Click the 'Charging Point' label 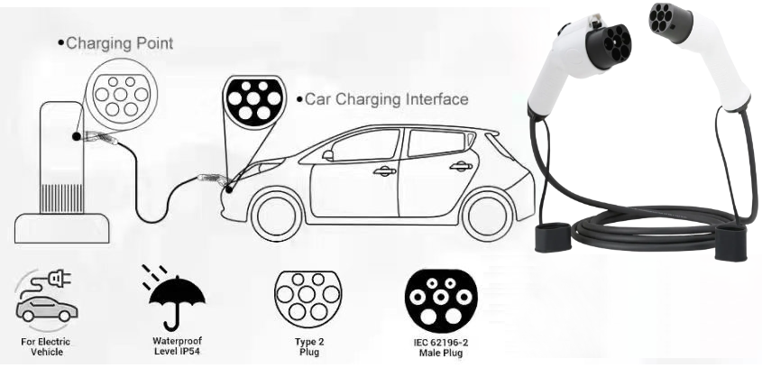[120, 42]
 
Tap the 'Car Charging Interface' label [386, 99]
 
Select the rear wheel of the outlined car [489, 216]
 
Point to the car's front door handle [384, 170]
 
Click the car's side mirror [328, 155]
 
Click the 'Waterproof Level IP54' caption [177, 346]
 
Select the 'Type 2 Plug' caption [309, 346]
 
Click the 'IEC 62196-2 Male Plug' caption [441, 347]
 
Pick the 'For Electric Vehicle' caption [46, 346]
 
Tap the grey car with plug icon [45, 296]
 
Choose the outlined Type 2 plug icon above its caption [308, 296]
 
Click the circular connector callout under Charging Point [121, 95]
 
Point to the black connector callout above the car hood [253, 102]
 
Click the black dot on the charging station [77, 136]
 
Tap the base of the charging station [61, 228]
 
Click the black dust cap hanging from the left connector [553, 237]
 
